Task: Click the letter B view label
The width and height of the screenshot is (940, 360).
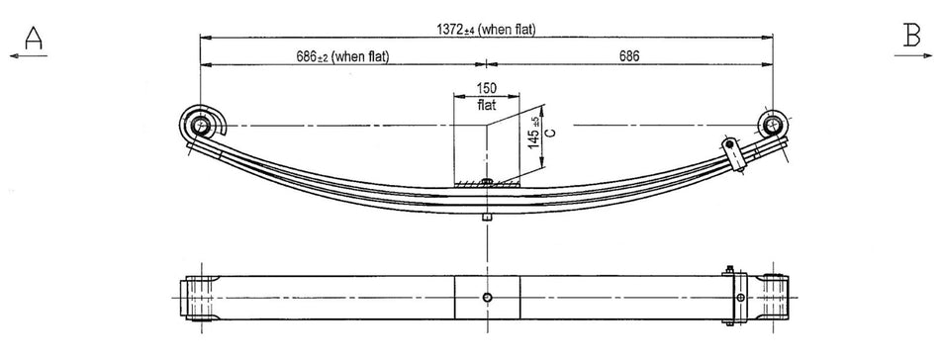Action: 911,36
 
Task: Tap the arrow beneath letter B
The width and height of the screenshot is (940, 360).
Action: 911,56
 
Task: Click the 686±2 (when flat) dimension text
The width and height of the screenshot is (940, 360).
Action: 341,56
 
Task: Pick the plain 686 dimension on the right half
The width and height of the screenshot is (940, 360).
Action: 628,56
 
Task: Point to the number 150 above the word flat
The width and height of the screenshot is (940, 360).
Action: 487,88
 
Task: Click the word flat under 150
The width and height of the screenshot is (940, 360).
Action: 487,104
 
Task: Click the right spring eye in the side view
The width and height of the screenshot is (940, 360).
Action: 772,125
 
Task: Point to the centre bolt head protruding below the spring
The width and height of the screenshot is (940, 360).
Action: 487,216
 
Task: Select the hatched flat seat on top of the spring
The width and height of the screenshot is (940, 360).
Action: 487,182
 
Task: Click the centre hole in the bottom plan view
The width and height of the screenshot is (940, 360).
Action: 487,298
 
